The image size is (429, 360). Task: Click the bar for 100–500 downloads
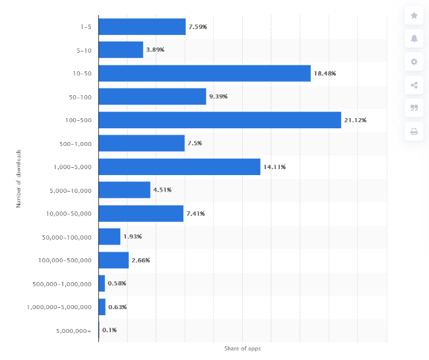coord(220,120)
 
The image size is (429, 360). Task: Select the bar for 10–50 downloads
coord(205,73)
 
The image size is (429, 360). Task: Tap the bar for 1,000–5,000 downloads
coord(180,166)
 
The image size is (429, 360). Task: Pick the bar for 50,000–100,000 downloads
coord(110,236)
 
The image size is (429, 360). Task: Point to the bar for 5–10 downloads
coord(121,50)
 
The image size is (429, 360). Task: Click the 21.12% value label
coord(355,120)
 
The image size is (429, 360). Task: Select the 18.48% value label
coord(325,73)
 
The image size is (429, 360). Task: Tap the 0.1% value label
coord(110,330)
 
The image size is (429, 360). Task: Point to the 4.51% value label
coord(162,190)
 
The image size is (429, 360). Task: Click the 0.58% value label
coord(117,283)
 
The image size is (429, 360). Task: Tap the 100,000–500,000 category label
coord(65,260)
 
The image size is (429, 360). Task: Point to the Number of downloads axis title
coord(19,178)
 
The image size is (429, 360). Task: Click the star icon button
coord(414,15)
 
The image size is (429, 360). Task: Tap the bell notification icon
coord(414,38)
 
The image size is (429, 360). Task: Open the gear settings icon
coord(414,61)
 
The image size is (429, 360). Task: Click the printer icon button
coord(414,131)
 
